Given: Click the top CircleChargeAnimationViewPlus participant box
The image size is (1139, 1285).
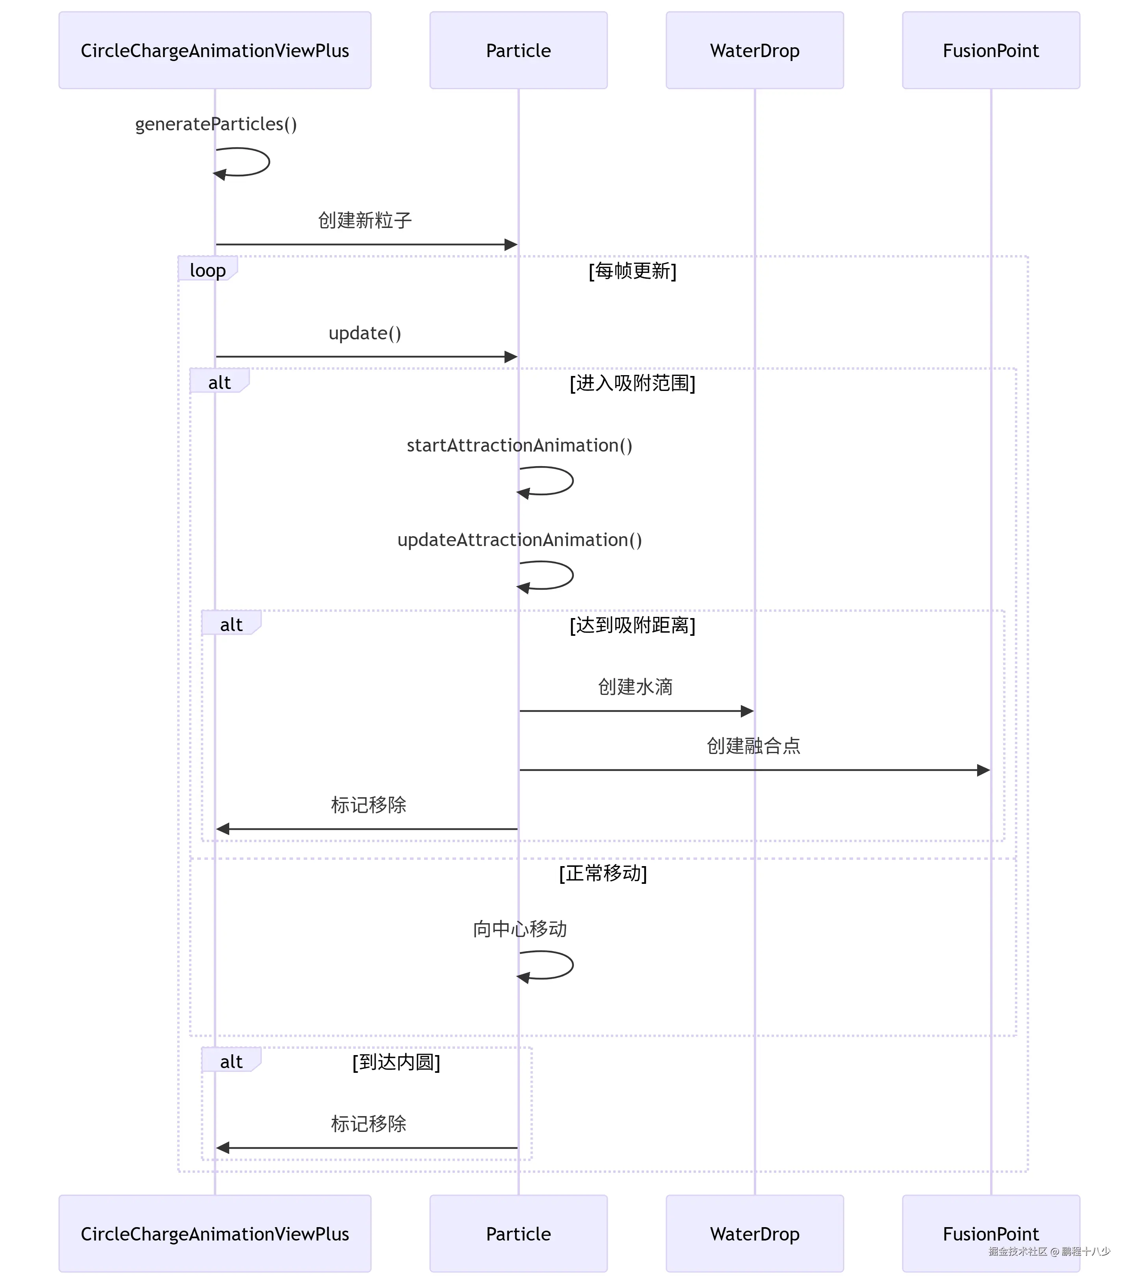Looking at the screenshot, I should point(215,50).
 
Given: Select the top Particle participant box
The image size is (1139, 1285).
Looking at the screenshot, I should point(518,50).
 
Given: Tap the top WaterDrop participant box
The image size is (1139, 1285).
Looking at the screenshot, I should point(754,50).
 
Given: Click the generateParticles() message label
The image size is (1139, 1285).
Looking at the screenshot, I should point(216,124).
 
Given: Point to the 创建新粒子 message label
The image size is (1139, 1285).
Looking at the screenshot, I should point(365,220).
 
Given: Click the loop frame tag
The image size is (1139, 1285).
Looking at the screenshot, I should point(208,270).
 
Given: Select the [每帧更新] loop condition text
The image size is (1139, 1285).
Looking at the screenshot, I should point(632,271).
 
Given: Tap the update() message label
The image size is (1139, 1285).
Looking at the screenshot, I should point(365,333).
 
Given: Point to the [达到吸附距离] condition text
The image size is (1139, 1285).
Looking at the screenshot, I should point(632,625).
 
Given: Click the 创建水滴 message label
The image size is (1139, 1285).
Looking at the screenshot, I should point(635,687).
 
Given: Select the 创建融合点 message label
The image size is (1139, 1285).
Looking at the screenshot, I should point(753,746).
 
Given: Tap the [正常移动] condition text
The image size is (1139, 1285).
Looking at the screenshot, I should point(603,873).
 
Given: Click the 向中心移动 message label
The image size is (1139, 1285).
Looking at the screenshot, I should point(519,929).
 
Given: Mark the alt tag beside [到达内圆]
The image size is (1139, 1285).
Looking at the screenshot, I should point(231,1062).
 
